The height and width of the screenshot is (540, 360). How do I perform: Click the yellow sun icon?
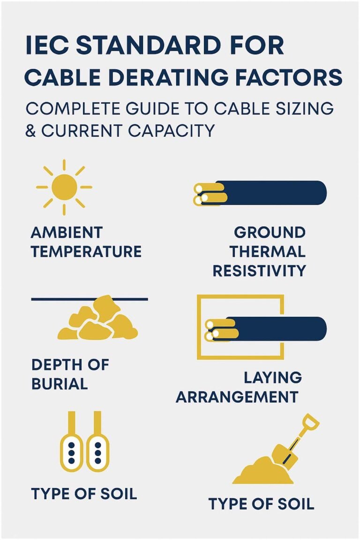64,187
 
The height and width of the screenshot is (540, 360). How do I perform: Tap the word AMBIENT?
66,232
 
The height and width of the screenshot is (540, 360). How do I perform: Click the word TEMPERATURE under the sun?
86,251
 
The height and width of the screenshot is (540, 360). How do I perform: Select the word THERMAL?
267,251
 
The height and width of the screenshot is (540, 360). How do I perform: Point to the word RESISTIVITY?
259,270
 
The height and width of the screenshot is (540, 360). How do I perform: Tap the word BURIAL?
60,384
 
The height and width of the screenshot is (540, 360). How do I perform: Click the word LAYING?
272,377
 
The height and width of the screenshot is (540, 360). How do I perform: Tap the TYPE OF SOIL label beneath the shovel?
261,504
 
